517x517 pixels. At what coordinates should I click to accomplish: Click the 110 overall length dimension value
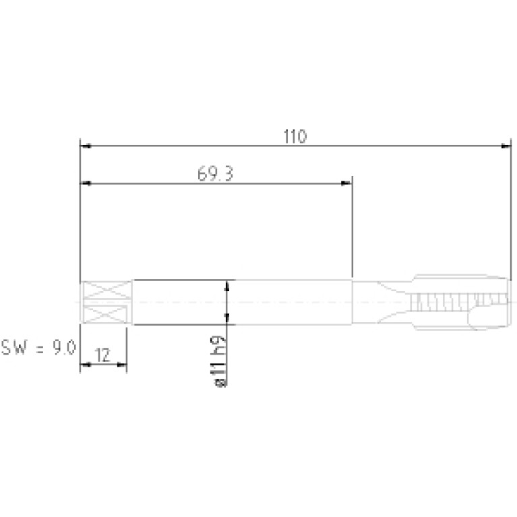pos(295,136)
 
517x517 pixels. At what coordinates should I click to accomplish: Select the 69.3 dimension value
pos(215,174)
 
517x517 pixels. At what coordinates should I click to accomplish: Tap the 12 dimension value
pos(102,355)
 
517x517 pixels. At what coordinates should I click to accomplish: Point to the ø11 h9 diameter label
pos(219,361)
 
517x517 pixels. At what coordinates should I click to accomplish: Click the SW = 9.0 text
pos(38,348)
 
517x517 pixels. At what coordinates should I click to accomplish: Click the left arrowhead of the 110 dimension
pos(86,146)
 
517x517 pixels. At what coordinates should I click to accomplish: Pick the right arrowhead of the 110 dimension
pos(506,146)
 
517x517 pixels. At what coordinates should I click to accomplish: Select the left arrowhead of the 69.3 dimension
pos(86,183)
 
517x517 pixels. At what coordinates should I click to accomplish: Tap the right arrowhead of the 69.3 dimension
pos(346,183)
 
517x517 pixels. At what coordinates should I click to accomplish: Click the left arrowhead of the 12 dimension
pos(86,365)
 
